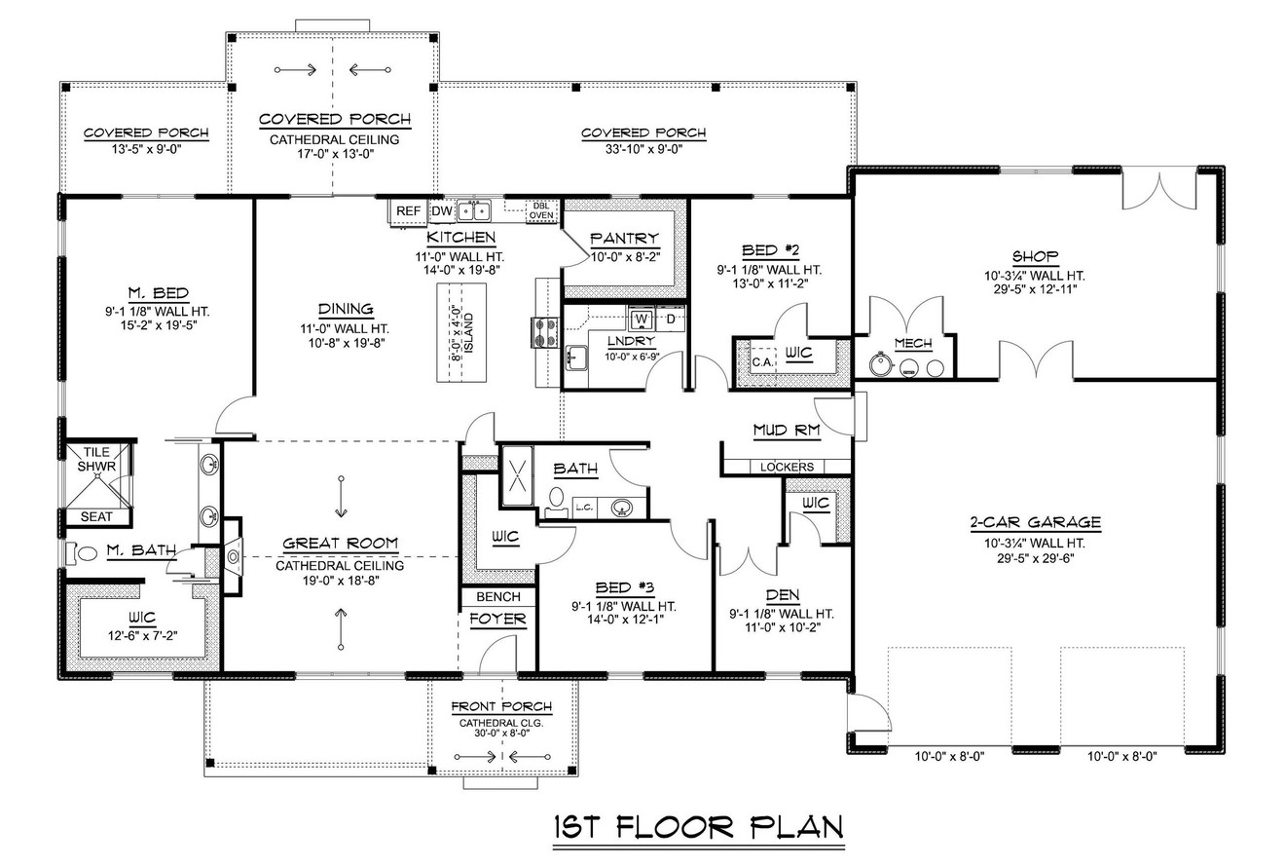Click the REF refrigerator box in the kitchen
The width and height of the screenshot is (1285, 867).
tap(407, 210)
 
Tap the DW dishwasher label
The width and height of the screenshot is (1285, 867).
tap(441, 210)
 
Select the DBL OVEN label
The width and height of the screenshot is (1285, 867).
tap(541, 210)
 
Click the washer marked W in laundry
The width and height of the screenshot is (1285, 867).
tap(641, 319)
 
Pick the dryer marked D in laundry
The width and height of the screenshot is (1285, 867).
tap(671, 319)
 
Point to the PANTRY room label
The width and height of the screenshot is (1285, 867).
tap(624, 238)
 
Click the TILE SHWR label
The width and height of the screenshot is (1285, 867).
tap(96, 460)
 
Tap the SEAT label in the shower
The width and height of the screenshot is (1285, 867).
tap(95, 517)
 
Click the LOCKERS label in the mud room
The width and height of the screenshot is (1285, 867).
tap(786, 467)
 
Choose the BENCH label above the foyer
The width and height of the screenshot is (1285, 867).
tap(497, 596)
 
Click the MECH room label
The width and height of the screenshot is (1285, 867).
tap(912, 343)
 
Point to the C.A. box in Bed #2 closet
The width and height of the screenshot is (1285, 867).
tap(761, 360)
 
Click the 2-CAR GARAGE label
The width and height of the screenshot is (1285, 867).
tap(1035, 522)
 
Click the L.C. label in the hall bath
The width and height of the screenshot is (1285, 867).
tap(584, 507)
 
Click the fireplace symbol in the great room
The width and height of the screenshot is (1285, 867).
tap(232, 556)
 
